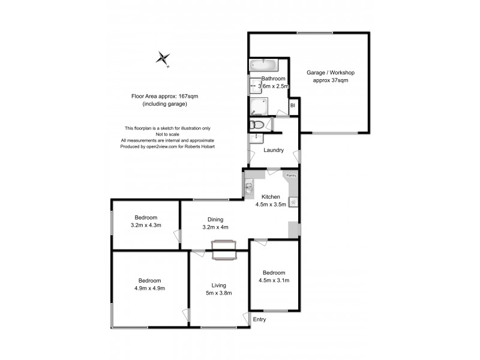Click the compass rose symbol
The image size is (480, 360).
point(163,58)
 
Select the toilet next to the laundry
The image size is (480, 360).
point(257,124)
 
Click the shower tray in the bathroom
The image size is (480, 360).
point(259,107)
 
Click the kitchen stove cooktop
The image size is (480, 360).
point(293,202)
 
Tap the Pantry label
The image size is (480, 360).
point(291,175)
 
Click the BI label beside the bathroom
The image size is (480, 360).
point(293,106)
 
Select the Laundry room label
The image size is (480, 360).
point(274,150)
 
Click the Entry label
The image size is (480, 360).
point(259,319)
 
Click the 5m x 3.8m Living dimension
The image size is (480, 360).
point(217,293)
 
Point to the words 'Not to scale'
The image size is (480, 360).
point(167,134)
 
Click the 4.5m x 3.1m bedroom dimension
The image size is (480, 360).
point(274,280)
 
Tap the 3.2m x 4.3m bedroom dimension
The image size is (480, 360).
point(146,225)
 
